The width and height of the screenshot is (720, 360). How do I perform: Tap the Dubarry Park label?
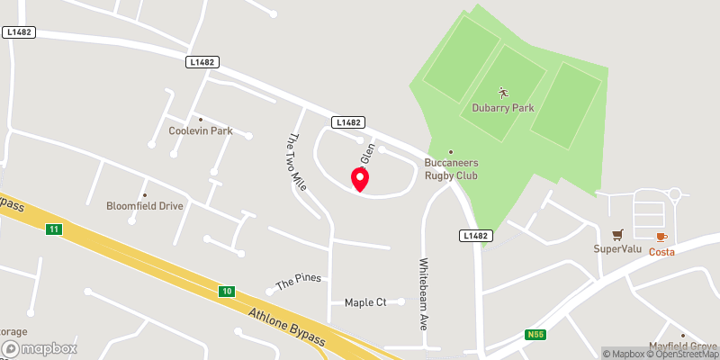tap(503, 108)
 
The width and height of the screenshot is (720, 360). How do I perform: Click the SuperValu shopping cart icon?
tap(617, 235)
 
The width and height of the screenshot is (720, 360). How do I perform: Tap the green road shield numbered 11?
tap(55, 230)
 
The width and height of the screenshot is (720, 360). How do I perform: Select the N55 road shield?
tap(536, 335)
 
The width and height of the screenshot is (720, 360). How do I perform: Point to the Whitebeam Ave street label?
tap(423, 294)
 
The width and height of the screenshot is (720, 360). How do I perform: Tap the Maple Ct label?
tap(365, 302)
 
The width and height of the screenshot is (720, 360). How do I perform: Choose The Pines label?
tap(298, 282)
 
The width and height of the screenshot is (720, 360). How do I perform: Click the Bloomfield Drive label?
tap(145, 206)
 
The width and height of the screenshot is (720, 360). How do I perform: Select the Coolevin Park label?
tap(201, 130)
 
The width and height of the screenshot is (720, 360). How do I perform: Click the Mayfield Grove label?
tap(684, 346)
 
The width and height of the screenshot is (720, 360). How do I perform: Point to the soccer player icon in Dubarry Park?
tap(503, 92)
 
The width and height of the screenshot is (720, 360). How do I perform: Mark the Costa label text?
tap(661, 252)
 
